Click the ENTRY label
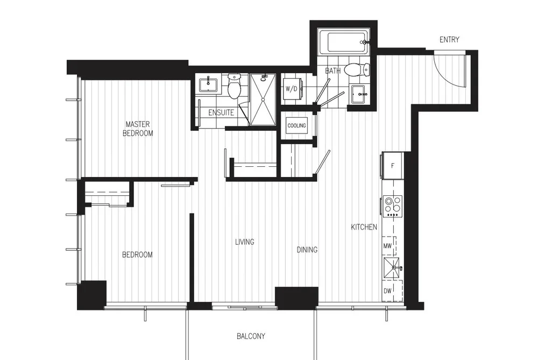point(449,40)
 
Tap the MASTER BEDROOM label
point(138,129)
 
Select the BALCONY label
point(251,336)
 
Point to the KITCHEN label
point(364,227)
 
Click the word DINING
point(307,250)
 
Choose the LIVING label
point(244,242)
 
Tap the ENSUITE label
point(221,112)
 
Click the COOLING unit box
point(296,125)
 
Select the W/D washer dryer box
point(292,89)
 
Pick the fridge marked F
point(393,166)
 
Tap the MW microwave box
point(389,246)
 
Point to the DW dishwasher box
point(392,291)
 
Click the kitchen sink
point(391,268)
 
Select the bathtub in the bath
point(343,43)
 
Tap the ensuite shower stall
point(263,100)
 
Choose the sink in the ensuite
point(208,86)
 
